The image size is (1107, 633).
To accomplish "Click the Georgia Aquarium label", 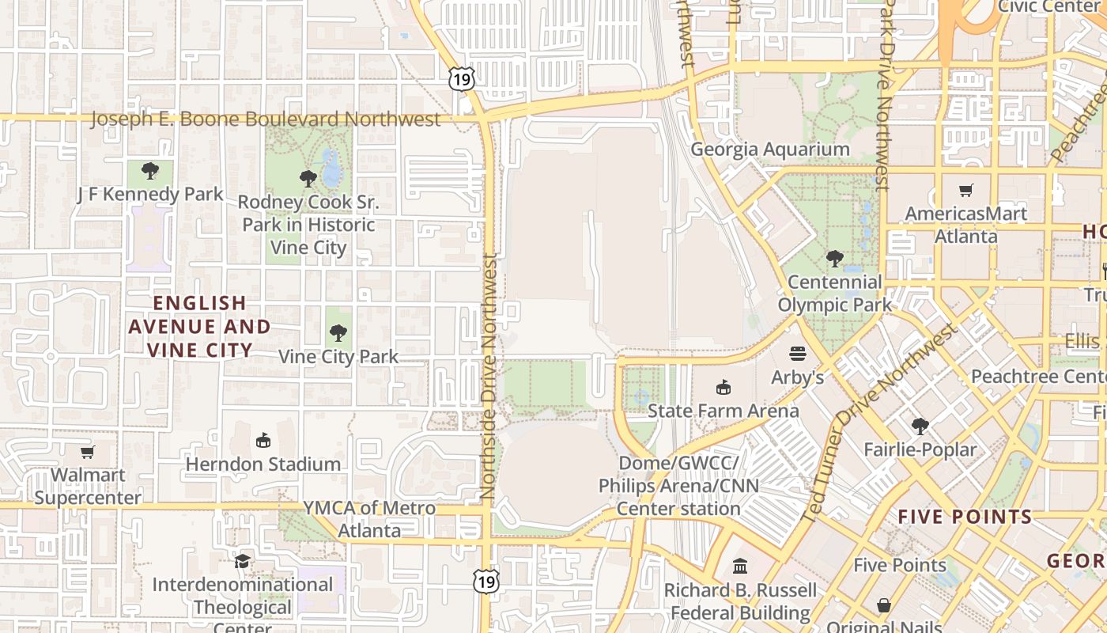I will click(x=770, y=150).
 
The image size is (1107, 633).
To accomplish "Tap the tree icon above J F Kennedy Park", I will click(x=150, y=170).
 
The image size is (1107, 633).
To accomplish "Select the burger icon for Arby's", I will click(x=797, y=354).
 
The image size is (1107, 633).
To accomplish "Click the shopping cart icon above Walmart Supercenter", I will click(x=88, y=452).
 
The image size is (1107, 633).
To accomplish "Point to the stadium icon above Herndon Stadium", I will click(x=263, y=440).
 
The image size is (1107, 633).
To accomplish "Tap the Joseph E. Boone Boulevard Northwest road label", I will click(x=266, y=119).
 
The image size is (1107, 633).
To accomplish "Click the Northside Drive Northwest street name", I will click(x=488, y=377).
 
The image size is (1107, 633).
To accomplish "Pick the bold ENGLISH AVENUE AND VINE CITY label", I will click(x=199, y=326).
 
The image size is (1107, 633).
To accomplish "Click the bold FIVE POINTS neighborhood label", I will click(x=965, y=517).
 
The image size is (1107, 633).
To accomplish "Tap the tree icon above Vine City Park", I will click(x=338, y=332).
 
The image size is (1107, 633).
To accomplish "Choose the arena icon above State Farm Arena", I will click(x=723, y=387).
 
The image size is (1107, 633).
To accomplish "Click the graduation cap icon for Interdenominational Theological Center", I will click(x=242, y=561).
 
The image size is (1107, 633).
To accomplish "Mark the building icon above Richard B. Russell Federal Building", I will click(x=740, y=567).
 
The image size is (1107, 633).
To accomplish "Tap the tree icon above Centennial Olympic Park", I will click(x=834, y=258).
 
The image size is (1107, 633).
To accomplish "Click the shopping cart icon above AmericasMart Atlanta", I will click(x=965, y=190).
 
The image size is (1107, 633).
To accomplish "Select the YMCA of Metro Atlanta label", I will click(x=369, y=519).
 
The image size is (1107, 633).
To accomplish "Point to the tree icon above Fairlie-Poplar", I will click(x=920, y=426).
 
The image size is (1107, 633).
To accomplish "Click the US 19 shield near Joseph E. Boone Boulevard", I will click(x=462, y=78).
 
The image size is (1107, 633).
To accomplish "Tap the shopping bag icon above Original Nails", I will click(x=883, y=605).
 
